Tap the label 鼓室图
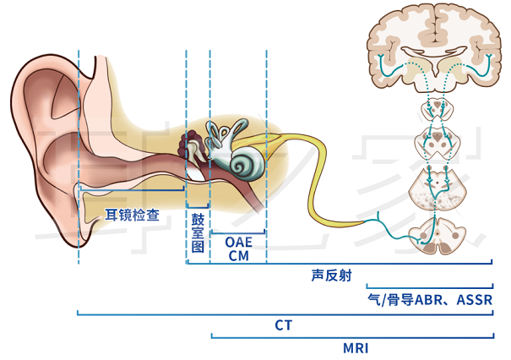point(198,233)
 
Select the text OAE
point(238,242)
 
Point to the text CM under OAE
point(238,255)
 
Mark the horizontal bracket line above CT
point(284,314)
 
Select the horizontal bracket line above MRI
point(351,336)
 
